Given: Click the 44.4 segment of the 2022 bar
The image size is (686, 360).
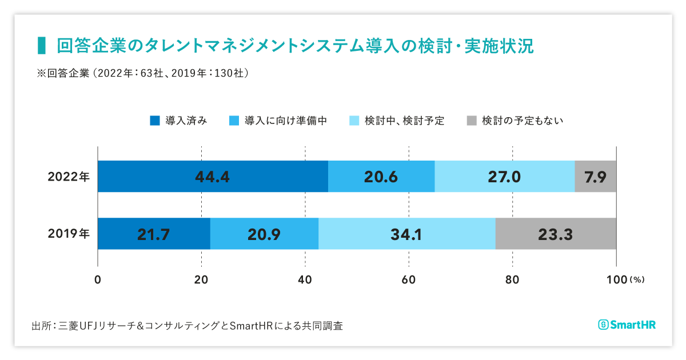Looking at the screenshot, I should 213,177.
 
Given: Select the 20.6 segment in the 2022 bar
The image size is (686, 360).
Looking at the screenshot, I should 381,177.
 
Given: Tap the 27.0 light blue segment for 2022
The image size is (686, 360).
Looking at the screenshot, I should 504,177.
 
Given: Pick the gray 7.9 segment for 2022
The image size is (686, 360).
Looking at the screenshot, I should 595,177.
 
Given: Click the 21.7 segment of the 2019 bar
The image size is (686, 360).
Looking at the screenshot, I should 154,234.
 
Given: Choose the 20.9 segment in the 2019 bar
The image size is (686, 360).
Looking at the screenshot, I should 264,234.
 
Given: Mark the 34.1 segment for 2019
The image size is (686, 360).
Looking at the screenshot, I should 406,234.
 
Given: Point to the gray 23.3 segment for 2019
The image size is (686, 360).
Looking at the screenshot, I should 555,234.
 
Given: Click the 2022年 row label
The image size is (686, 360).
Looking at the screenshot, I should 69,177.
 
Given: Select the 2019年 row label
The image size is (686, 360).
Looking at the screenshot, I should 69,234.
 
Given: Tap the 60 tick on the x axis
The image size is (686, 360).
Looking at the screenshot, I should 408,280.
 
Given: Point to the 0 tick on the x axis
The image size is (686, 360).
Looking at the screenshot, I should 98,280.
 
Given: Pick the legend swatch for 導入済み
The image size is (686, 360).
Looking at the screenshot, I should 155,121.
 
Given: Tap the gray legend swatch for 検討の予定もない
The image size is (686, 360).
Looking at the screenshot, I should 472,121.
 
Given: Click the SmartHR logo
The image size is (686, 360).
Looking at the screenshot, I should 627,325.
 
